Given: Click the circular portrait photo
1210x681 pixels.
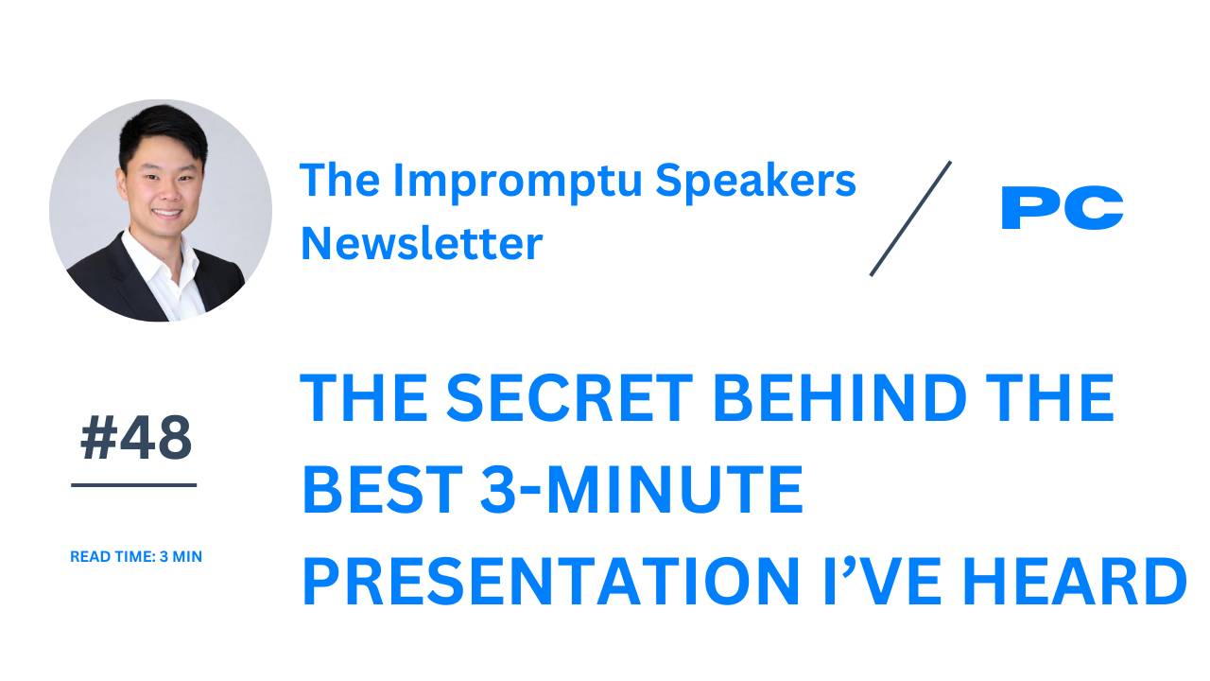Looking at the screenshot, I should click(161, 210).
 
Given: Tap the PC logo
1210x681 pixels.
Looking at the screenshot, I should click(1062, 208).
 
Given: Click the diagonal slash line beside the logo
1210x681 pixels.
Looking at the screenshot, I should click(910, 218).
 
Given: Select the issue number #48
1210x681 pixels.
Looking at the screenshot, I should click(135, 439).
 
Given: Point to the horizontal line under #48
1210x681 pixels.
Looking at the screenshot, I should click(134, 485).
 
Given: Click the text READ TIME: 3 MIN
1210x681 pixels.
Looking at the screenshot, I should click(136, 557).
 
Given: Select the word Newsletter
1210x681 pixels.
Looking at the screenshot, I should click(422, 243).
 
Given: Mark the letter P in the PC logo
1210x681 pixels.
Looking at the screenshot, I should click(1030, 208).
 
